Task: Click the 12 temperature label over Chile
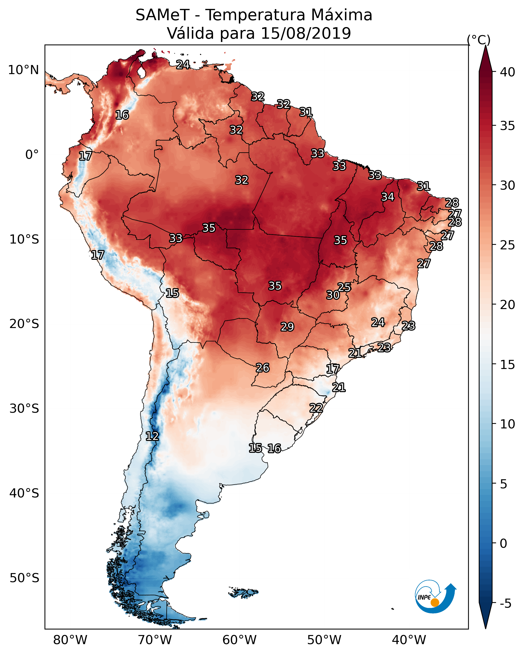click(152, 436)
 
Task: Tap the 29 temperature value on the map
click(287, 327)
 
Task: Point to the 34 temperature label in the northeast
click(388, 197)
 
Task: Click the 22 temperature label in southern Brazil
click(316, 408)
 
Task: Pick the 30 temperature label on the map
click(333, 295)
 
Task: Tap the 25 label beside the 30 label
click(344, 287)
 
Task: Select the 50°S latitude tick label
click(24, 578)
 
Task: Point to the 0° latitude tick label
click(32, 155)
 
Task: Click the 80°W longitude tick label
click(70, 640)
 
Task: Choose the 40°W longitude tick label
click(409, 640)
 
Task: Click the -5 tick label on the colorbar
click(505, 604)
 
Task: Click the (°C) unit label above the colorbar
click(478, 40)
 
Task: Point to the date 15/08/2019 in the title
click(306, 33)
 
